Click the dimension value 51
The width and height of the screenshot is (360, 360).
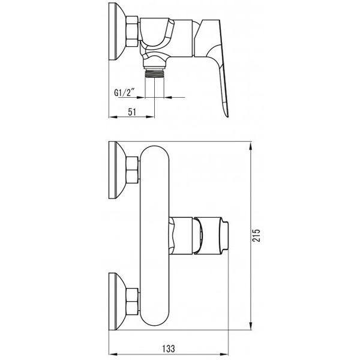click(x=132, y=112)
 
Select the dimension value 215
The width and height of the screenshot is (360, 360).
click(x=256, y=235)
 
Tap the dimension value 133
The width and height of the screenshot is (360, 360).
click(x=169, y=349)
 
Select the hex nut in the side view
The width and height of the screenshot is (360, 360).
click(x=132, y=31)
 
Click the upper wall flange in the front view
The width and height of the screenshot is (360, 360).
click(x=117, y=170)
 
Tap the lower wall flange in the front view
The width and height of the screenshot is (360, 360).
click(x=117, y=301)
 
